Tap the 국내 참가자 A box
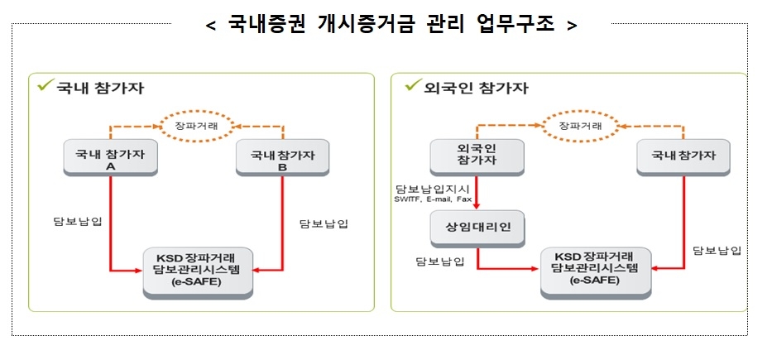tap(110, 159)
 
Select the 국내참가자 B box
tap(282, 159)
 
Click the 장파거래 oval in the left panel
tap(196, 126)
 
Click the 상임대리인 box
tap(477, 228)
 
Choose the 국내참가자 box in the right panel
tap(684, 156)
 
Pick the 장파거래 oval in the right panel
tap(579, 126)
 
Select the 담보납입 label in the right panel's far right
tap(717, 250)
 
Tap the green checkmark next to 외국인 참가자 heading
tap(410, 85)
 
